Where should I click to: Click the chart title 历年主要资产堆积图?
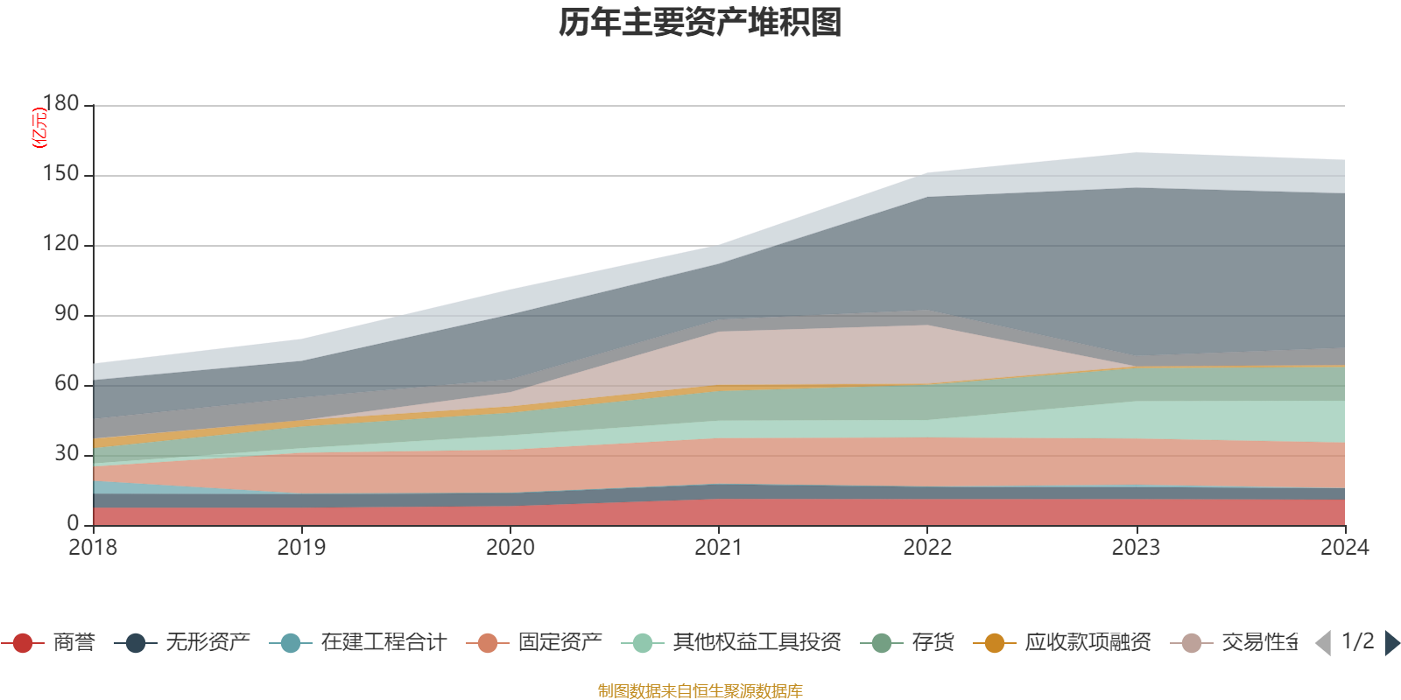(x=700, y=23)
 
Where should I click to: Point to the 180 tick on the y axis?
(x=60, y=104)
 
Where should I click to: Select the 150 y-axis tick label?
(x=60, y=174)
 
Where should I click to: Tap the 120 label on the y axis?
(x=60, y=244)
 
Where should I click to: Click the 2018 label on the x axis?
(x=93, y=548)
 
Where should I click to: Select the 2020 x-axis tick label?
(x=510, y=548)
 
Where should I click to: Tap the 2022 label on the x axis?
(x=927, y=548)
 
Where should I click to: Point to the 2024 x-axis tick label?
(x=1344, y=548)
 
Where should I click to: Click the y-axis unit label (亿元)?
(x=39, y=128)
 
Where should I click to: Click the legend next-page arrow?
(x=1391, y=643)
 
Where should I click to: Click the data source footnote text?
(x=700, y=691)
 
